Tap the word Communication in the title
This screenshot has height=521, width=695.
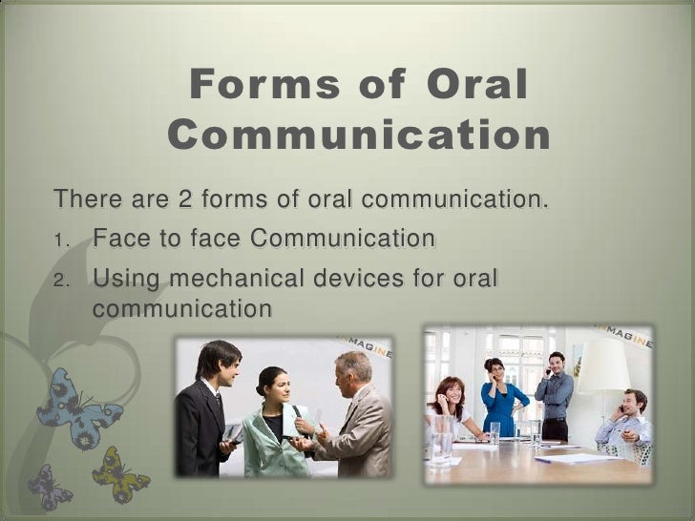(x=360, y=137)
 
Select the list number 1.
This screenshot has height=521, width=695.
(x=59, y=239)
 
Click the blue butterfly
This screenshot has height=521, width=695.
(x=77, y=406)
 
